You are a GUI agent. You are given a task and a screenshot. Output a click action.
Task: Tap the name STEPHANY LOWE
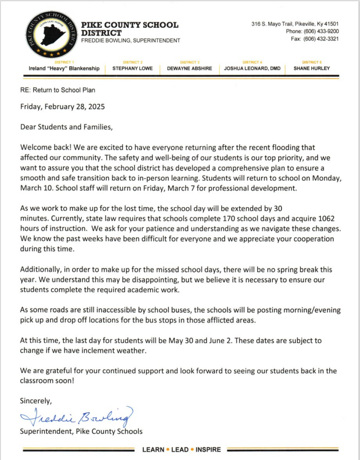click(x=133, y=69)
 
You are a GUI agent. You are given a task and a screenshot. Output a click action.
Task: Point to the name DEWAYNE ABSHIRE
click(x=190, y=69)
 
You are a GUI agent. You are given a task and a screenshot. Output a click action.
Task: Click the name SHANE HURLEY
click(x=311, y=69)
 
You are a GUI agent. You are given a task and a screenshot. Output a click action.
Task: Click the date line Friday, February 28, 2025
click(x=62, y=107)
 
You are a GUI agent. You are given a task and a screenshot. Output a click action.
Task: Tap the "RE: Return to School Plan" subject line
click(x=58, y=90)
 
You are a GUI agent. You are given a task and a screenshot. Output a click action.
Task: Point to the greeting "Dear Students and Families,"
click(x=66, y=127)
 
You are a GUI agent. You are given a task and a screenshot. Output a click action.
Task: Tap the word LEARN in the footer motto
click(x=153, y=449)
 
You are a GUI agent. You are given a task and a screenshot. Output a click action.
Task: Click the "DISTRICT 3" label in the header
click(x=190, y=62)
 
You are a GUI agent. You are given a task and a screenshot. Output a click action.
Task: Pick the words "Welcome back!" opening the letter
click(x=42, y=147)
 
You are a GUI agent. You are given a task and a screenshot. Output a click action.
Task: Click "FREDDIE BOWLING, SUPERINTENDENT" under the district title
click(x=130, y=40)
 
